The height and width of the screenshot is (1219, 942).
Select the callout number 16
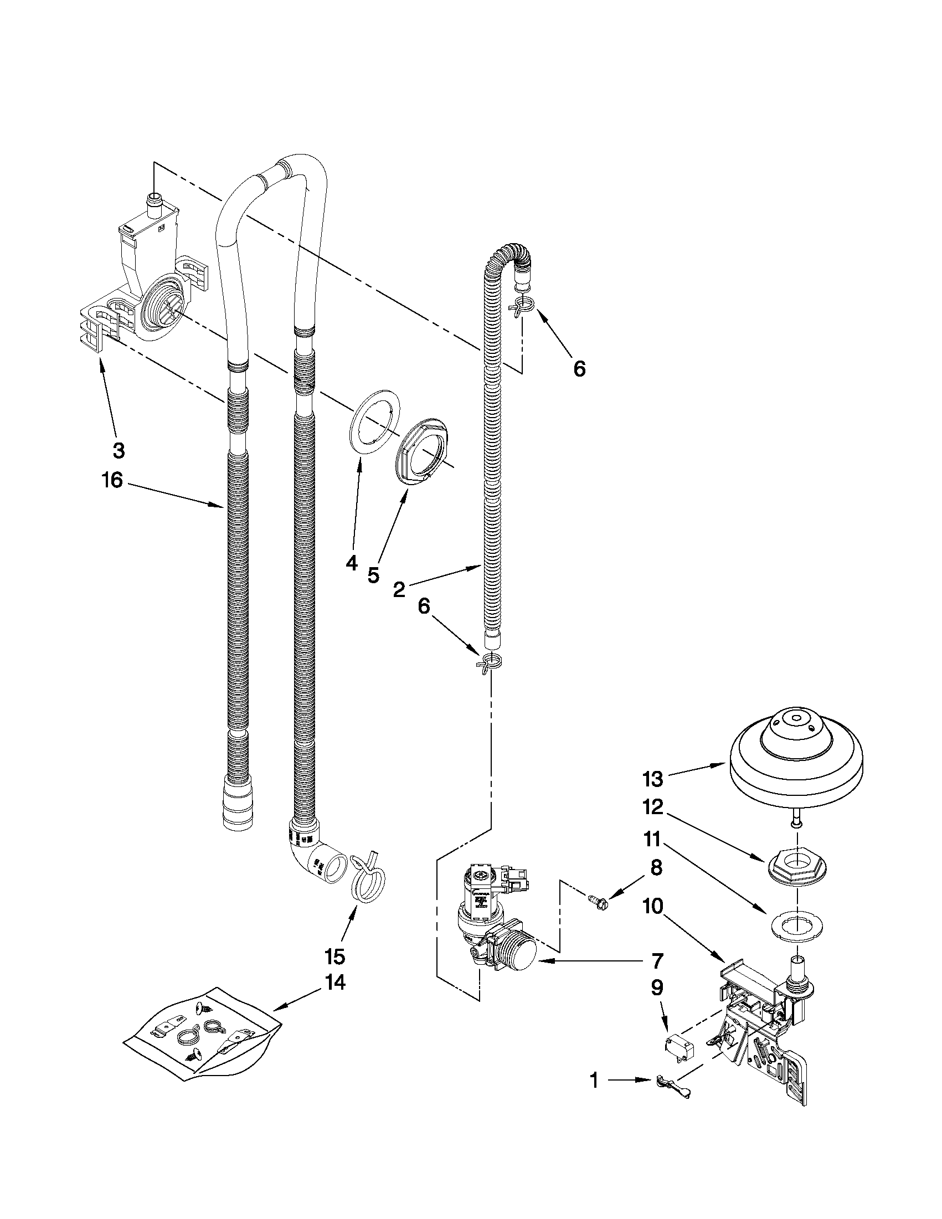[x=112, y=480]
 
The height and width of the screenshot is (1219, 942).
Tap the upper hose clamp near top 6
[x=522, y=306]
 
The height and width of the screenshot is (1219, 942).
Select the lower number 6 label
[x=424, y=606]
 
